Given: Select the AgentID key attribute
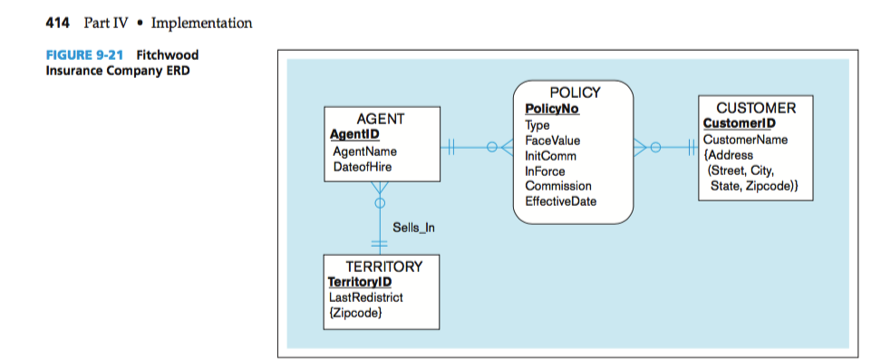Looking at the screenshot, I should (353, 134).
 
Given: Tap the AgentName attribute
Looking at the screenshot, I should (364, 151).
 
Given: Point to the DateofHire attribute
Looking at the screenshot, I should (363, 167).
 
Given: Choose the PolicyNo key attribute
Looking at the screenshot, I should (551, 110).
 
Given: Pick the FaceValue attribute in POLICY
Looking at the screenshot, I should (552, 141).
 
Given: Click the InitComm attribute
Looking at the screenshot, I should (550, 156).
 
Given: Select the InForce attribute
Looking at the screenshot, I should (546, 170).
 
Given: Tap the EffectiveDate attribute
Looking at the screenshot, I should (560, 201).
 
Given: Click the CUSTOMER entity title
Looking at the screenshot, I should (756, 108).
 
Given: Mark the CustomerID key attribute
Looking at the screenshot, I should (739, 123).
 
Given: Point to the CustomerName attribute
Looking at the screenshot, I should (745, 140).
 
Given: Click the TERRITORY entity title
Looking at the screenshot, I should (383, 267).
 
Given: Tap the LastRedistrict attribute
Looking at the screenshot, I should (365, 297).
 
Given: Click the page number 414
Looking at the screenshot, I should (59, 23).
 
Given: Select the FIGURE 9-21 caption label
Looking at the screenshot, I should (84, 55).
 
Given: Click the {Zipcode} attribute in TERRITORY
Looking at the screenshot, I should (353, 313).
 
